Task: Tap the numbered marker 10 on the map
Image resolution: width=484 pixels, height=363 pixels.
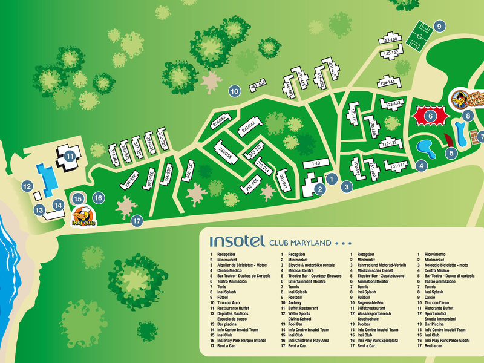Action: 235,91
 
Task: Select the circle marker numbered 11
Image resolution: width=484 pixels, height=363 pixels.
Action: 71,156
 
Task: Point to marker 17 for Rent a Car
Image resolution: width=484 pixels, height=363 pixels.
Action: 137,221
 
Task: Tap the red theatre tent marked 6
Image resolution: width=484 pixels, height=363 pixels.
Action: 430,115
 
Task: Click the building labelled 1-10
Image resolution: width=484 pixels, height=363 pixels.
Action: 315,163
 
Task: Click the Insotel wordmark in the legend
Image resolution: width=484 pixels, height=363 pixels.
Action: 237,241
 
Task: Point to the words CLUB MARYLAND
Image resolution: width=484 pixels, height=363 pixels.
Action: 300,243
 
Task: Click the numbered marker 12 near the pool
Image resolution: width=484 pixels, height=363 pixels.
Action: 27,187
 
